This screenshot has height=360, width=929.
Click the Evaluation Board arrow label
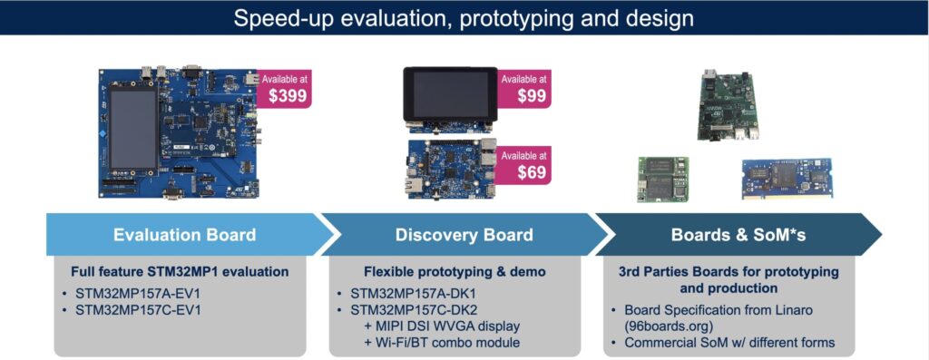pos(184,235)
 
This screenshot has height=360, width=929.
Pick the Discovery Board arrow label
pos(464,235)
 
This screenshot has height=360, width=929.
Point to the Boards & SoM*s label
pos(738,235)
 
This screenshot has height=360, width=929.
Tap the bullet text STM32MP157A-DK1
pos(413,294)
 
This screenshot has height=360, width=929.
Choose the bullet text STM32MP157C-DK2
pos(413,309)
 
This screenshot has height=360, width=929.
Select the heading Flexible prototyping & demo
pos(464,271)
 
